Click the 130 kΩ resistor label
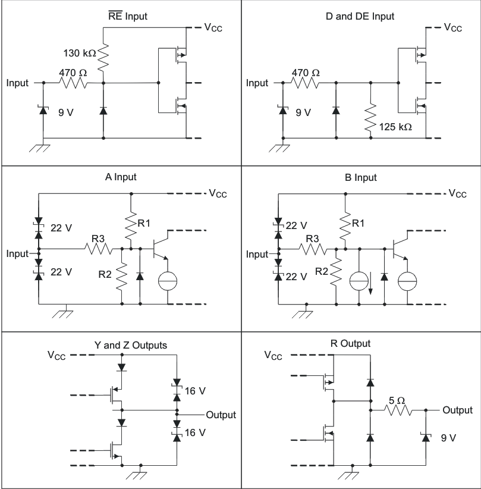pos(79,54)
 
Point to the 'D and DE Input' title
pos(360,16)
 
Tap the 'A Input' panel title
pos(122,177)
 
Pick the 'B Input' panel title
pos(360,177)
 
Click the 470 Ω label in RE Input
pos(73,73)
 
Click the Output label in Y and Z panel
pos(221,415)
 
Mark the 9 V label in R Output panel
pos(448,438)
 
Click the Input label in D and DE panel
pos(257,83)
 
